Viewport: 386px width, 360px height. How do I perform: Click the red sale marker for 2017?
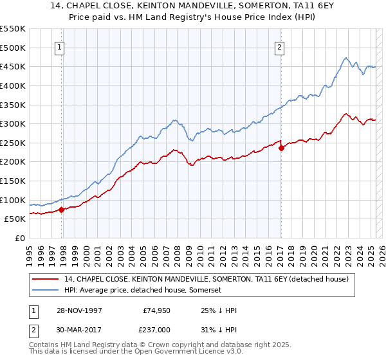click(281, 147)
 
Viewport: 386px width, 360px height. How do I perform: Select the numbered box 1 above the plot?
click(59, 46)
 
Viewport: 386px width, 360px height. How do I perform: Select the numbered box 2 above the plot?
click(280, 46)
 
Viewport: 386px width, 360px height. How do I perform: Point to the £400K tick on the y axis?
click(14, 85)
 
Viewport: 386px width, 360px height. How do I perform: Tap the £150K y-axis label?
click(14, 181)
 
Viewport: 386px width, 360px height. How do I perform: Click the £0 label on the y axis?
click(21, 238)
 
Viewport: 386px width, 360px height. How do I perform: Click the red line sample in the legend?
click(46, 279)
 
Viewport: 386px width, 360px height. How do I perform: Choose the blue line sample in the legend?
click(46, 291)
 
